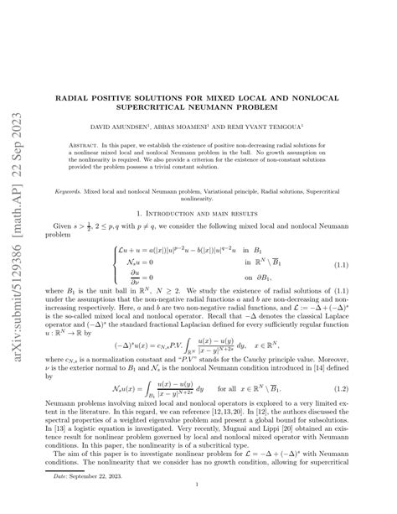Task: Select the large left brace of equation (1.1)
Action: pos(115,241)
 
